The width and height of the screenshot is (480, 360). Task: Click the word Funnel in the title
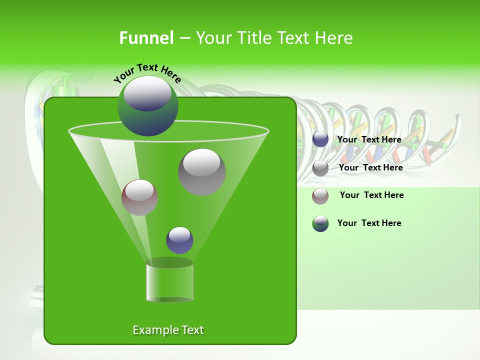146,38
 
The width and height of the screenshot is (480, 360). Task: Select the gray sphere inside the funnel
201,172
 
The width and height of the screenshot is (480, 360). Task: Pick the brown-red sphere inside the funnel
139,197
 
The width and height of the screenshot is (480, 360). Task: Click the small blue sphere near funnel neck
179,240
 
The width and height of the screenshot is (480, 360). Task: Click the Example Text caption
168,330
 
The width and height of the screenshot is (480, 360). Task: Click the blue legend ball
320,139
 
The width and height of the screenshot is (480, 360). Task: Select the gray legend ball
320,168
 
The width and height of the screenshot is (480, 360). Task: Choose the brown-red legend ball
320,196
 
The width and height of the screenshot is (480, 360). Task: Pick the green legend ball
320,223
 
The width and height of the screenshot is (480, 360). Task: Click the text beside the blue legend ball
369,139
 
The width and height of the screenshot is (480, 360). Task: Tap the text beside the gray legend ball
370,167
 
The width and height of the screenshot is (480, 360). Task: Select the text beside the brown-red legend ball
371,195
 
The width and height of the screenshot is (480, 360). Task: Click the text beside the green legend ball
369,223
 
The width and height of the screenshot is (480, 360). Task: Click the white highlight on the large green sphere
147,94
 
